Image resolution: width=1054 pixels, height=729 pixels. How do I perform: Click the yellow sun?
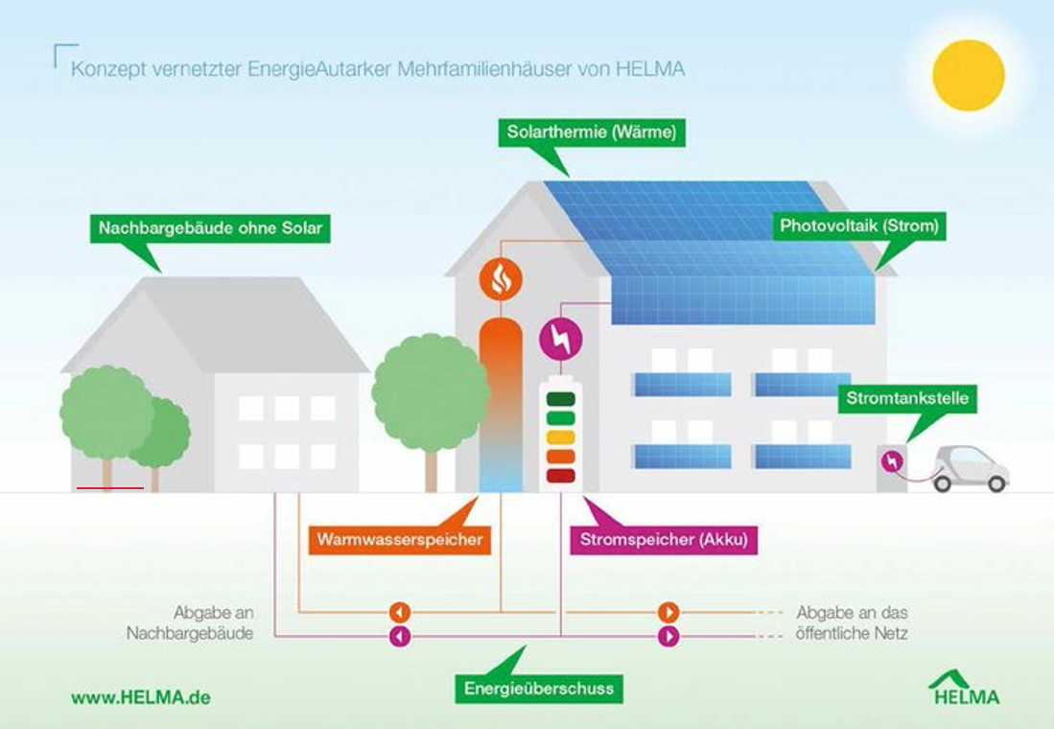pyautogui.click(x=969, y=75)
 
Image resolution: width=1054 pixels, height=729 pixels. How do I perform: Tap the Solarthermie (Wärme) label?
pyautogui.click(x=591, y=133)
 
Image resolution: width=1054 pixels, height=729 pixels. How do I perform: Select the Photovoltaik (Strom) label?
pyautogui.click(x=858, y=227)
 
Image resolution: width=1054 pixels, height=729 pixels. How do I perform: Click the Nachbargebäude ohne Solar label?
pyautogui.click(x=210, y=229)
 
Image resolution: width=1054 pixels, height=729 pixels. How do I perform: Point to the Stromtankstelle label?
pyautogui.click(x=907, y=398)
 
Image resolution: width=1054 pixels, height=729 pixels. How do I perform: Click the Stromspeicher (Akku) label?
pyautogui.click(x=663, y=540)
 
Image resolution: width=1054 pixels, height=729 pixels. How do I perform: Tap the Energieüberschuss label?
pyautogui.click(x=538, y=689)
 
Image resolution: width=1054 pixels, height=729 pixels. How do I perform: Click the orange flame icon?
pyautogui.click(x=501, y=278)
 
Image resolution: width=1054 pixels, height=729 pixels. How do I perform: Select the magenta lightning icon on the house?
pyautogui.click(x=561, y=339)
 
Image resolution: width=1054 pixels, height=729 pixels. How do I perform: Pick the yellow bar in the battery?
pyautogui.click(x=559, y=437)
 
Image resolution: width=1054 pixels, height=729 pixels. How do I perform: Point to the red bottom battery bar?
pyautogui.click(x=559, y=476)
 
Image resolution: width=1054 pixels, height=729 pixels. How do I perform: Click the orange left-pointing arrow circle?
pyautogui.click(x=400, y=612)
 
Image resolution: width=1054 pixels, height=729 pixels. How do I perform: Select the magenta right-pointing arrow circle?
pyautogui.click(x=668, y=636)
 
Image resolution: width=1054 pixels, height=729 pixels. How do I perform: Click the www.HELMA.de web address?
pyautogui.click(x=141, y=697)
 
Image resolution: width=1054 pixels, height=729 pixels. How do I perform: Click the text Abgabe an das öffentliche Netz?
pyautogui.click(x=853, y=623)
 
